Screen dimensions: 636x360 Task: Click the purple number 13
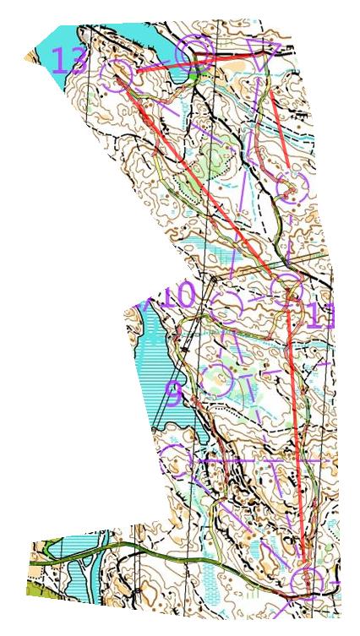click(x=69, y=61)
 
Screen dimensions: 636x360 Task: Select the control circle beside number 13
click(x=117, y=74)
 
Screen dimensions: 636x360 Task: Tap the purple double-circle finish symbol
click(x=193, y=53)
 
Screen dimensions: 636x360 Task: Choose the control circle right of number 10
click(x=230, y=302)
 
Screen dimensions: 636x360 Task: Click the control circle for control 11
click(x=288, y=290)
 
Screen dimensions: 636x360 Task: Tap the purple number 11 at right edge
click(x=319, y=317)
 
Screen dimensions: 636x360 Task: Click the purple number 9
click(x=172, y=394)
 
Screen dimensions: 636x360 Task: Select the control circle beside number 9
click(x=219, y=381)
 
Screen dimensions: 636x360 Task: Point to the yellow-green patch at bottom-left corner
click(x=35, y=590)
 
